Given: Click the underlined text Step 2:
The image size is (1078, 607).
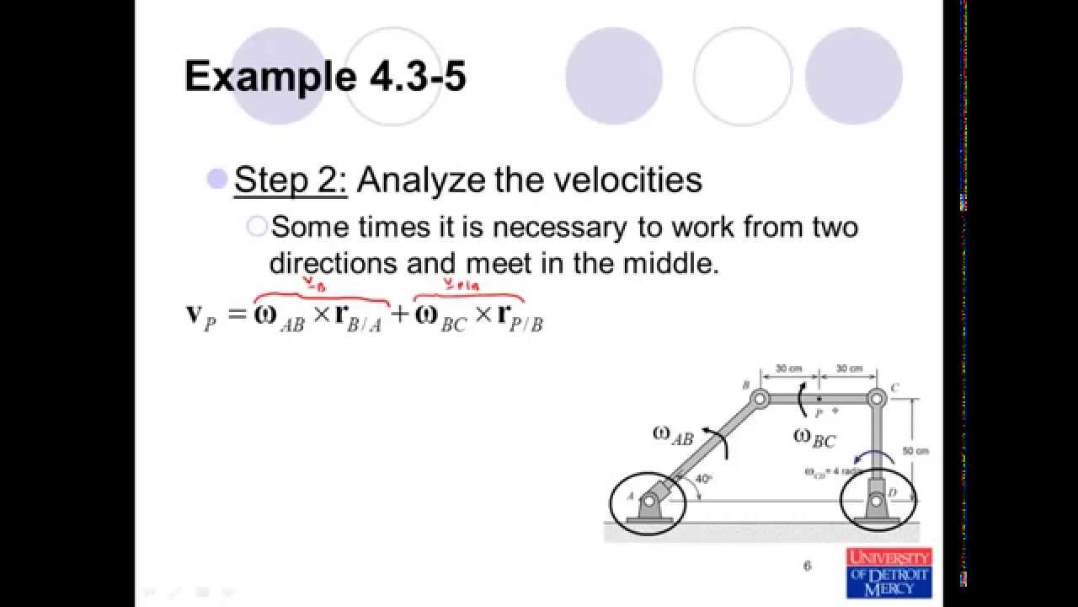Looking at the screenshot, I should (291, 180).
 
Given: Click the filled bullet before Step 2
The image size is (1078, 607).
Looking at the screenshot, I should (217, 179).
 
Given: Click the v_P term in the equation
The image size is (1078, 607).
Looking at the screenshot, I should (201, 315).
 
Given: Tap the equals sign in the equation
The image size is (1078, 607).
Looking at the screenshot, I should (237, 315).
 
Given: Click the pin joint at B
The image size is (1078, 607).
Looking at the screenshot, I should (760, 398).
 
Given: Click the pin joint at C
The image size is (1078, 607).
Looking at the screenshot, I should (877, 397).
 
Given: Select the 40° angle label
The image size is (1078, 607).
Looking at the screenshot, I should (704, 478).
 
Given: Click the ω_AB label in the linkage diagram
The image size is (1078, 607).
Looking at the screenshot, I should (672, 435).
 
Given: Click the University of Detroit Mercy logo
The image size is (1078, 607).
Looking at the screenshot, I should (889, 572).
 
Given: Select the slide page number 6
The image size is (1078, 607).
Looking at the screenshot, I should (807, 566).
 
